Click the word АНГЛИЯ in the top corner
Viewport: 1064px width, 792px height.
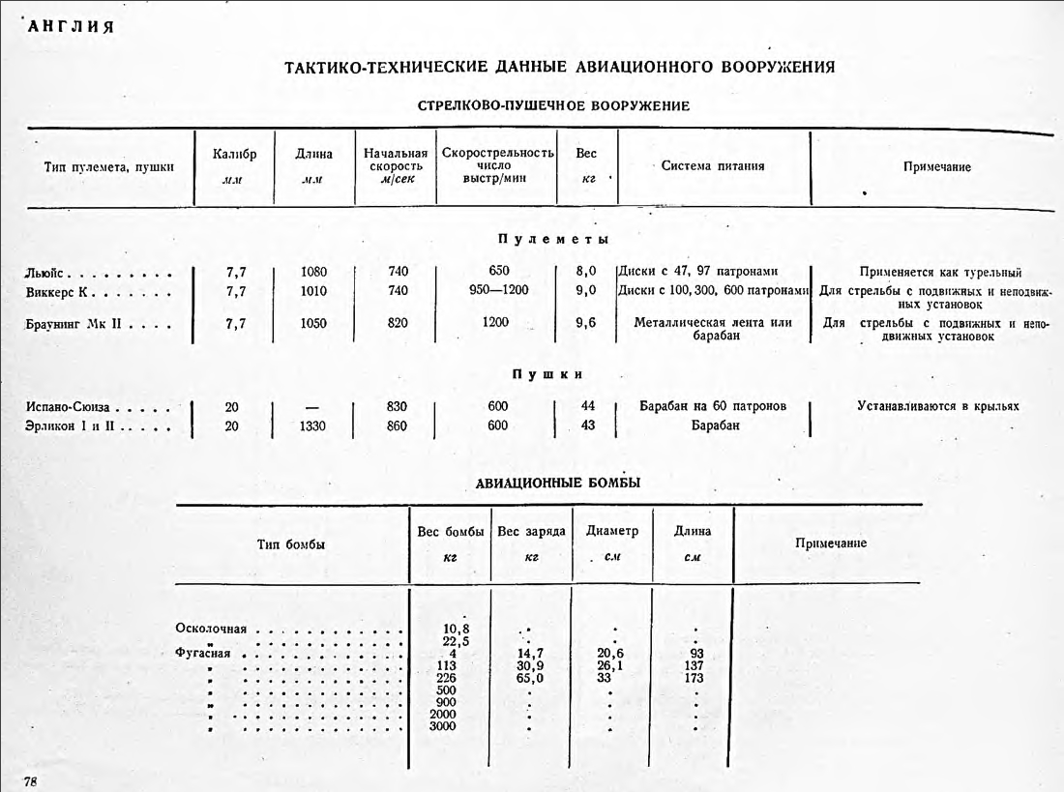(72, 27)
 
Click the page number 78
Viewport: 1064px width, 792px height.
(30, 780)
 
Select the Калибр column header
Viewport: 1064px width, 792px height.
(234, 154)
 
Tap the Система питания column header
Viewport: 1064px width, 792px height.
(713, 165)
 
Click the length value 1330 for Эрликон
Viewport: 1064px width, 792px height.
(314, 425)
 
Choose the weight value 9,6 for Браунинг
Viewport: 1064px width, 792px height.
(585, 323)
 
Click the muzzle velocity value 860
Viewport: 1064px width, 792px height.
(397, 425)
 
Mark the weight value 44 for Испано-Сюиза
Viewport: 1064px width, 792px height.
(587, 406)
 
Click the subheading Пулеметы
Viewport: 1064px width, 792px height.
(553, 239)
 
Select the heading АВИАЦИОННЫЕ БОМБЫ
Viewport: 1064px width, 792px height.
(558, 483)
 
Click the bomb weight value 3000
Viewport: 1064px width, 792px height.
(442, 726)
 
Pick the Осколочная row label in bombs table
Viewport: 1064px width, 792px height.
(211, 629)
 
